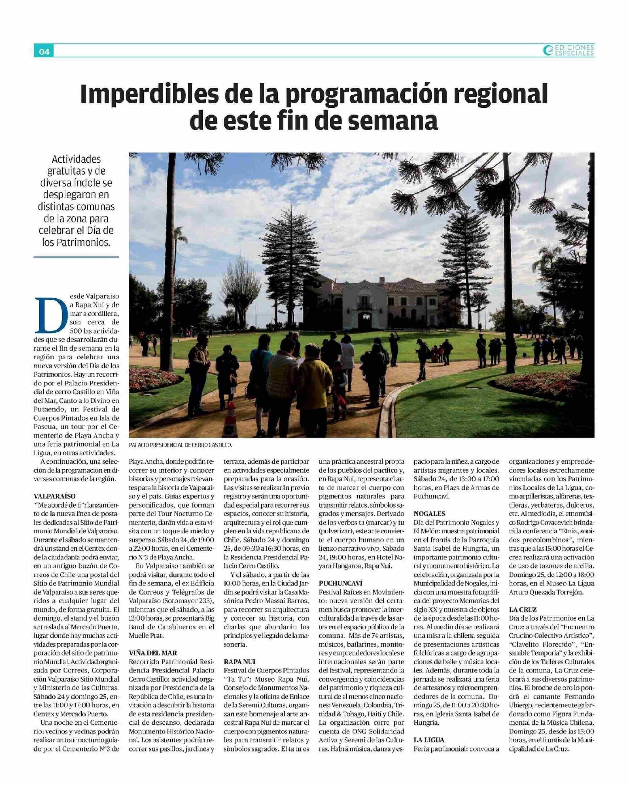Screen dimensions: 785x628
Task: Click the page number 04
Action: [44, 52]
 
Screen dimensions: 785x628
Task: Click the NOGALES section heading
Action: [430, 513]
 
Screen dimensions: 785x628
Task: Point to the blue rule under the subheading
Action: [76, 257]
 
